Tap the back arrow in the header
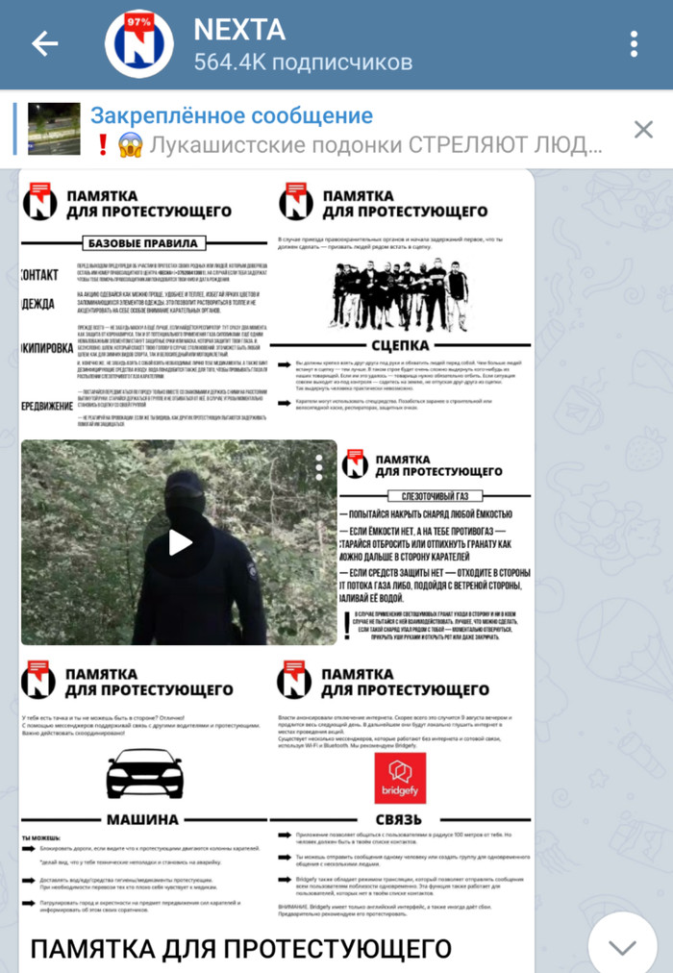45,44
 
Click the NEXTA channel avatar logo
138,44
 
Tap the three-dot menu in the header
634,44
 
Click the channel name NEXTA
239,29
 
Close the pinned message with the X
643,130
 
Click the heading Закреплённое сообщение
232,116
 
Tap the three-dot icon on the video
319,467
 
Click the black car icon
144,773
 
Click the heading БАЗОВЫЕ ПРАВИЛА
142,242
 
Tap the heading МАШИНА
142,819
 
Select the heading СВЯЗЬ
400,819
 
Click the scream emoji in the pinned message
129,145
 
